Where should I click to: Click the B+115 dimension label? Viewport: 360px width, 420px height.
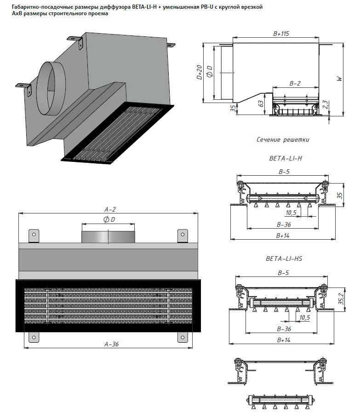coord(281,34)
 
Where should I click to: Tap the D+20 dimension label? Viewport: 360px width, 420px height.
coord(199,72)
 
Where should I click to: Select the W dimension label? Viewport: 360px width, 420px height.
coord(339,79)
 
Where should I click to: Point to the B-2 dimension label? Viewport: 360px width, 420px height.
coord(295,83)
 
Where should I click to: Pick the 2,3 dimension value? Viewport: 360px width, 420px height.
coord(325,105)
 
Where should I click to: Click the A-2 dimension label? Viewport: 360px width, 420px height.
coord(110,209)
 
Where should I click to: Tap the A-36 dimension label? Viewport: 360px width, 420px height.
coord(111,344)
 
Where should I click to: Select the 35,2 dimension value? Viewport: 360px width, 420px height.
coord(341,299)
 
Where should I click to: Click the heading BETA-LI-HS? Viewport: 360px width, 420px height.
coord(284,259)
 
